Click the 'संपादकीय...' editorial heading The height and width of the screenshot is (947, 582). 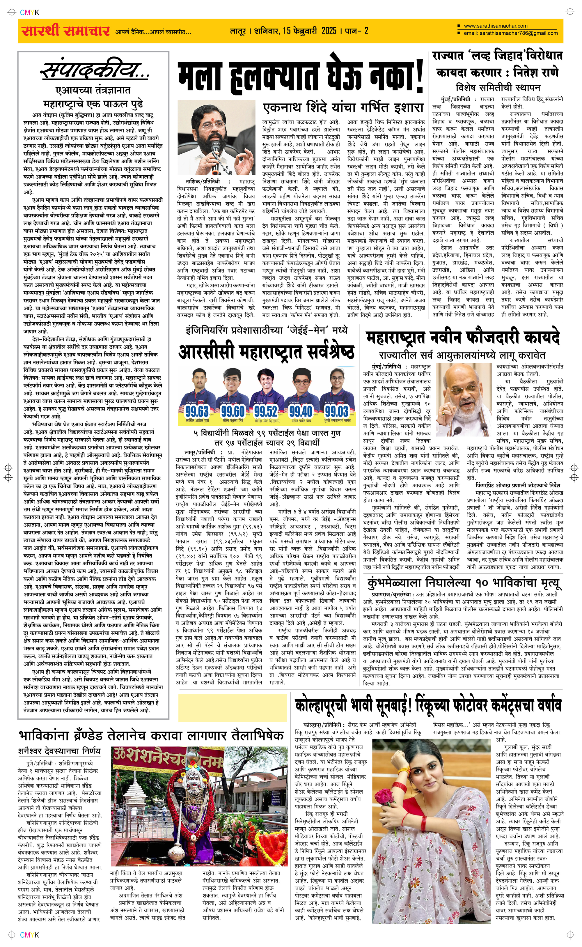pos(94,71)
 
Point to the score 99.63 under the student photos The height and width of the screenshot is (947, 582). pos(197,411)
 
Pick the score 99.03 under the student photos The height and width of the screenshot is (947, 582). pos(336,411)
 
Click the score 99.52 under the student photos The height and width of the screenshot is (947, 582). pos(266,411)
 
